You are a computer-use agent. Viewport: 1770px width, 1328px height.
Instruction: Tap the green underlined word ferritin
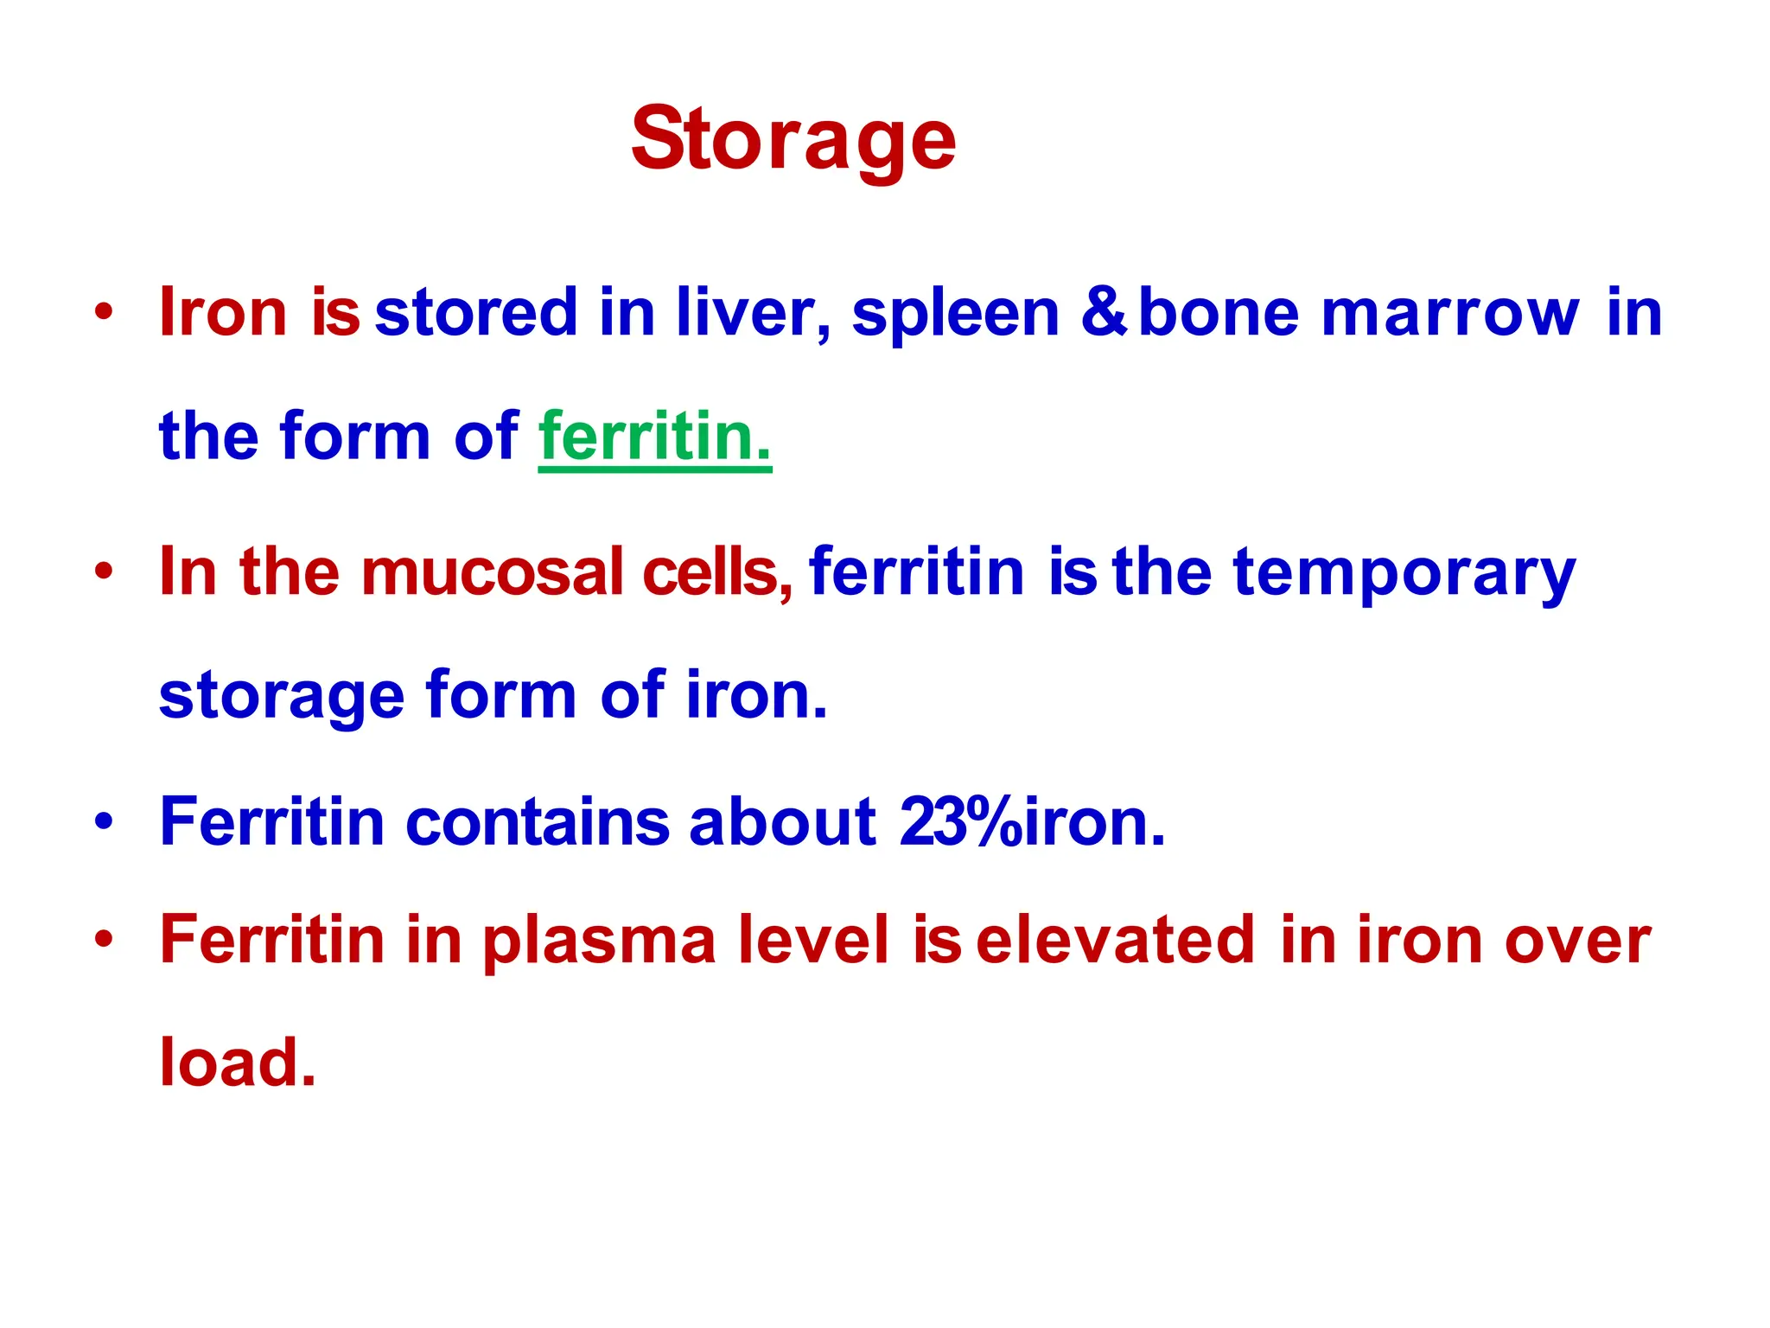(x=654, y=436)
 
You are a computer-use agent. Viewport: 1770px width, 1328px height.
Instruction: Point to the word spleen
(x=955, y=314)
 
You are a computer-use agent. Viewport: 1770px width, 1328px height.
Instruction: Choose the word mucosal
(x=492, y=571)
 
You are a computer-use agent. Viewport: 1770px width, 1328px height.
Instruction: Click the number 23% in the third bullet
(x=959, y=821)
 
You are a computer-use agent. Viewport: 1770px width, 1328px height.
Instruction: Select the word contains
(x=537, y=821)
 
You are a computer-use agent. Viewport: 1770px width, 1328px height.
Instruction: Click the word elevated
(x=1115, y=940)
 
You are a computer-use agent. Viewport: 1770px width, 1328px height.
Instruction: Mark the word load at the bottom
(x=237, y=1062)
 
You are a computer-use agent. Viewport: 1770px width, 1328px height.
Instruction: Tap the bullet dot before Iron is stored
(x=104, y=312)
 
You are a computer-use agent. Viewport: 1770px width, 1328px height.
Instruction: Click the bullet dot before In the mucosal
(x=104, y=571)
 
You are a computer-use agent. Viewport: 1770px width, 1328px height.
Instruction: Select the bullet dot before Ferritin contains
(x=104, y=821)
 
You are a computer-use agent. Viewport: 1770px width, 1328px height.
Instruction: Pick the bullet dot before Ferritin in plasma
(x=104, y=940)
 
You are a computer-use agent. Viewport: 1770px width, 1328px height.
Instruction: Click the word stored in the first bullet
(x=475, y=312)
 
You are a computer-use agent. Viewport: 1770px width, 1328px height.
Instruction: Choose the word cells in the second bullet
(x=716, y=571)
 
